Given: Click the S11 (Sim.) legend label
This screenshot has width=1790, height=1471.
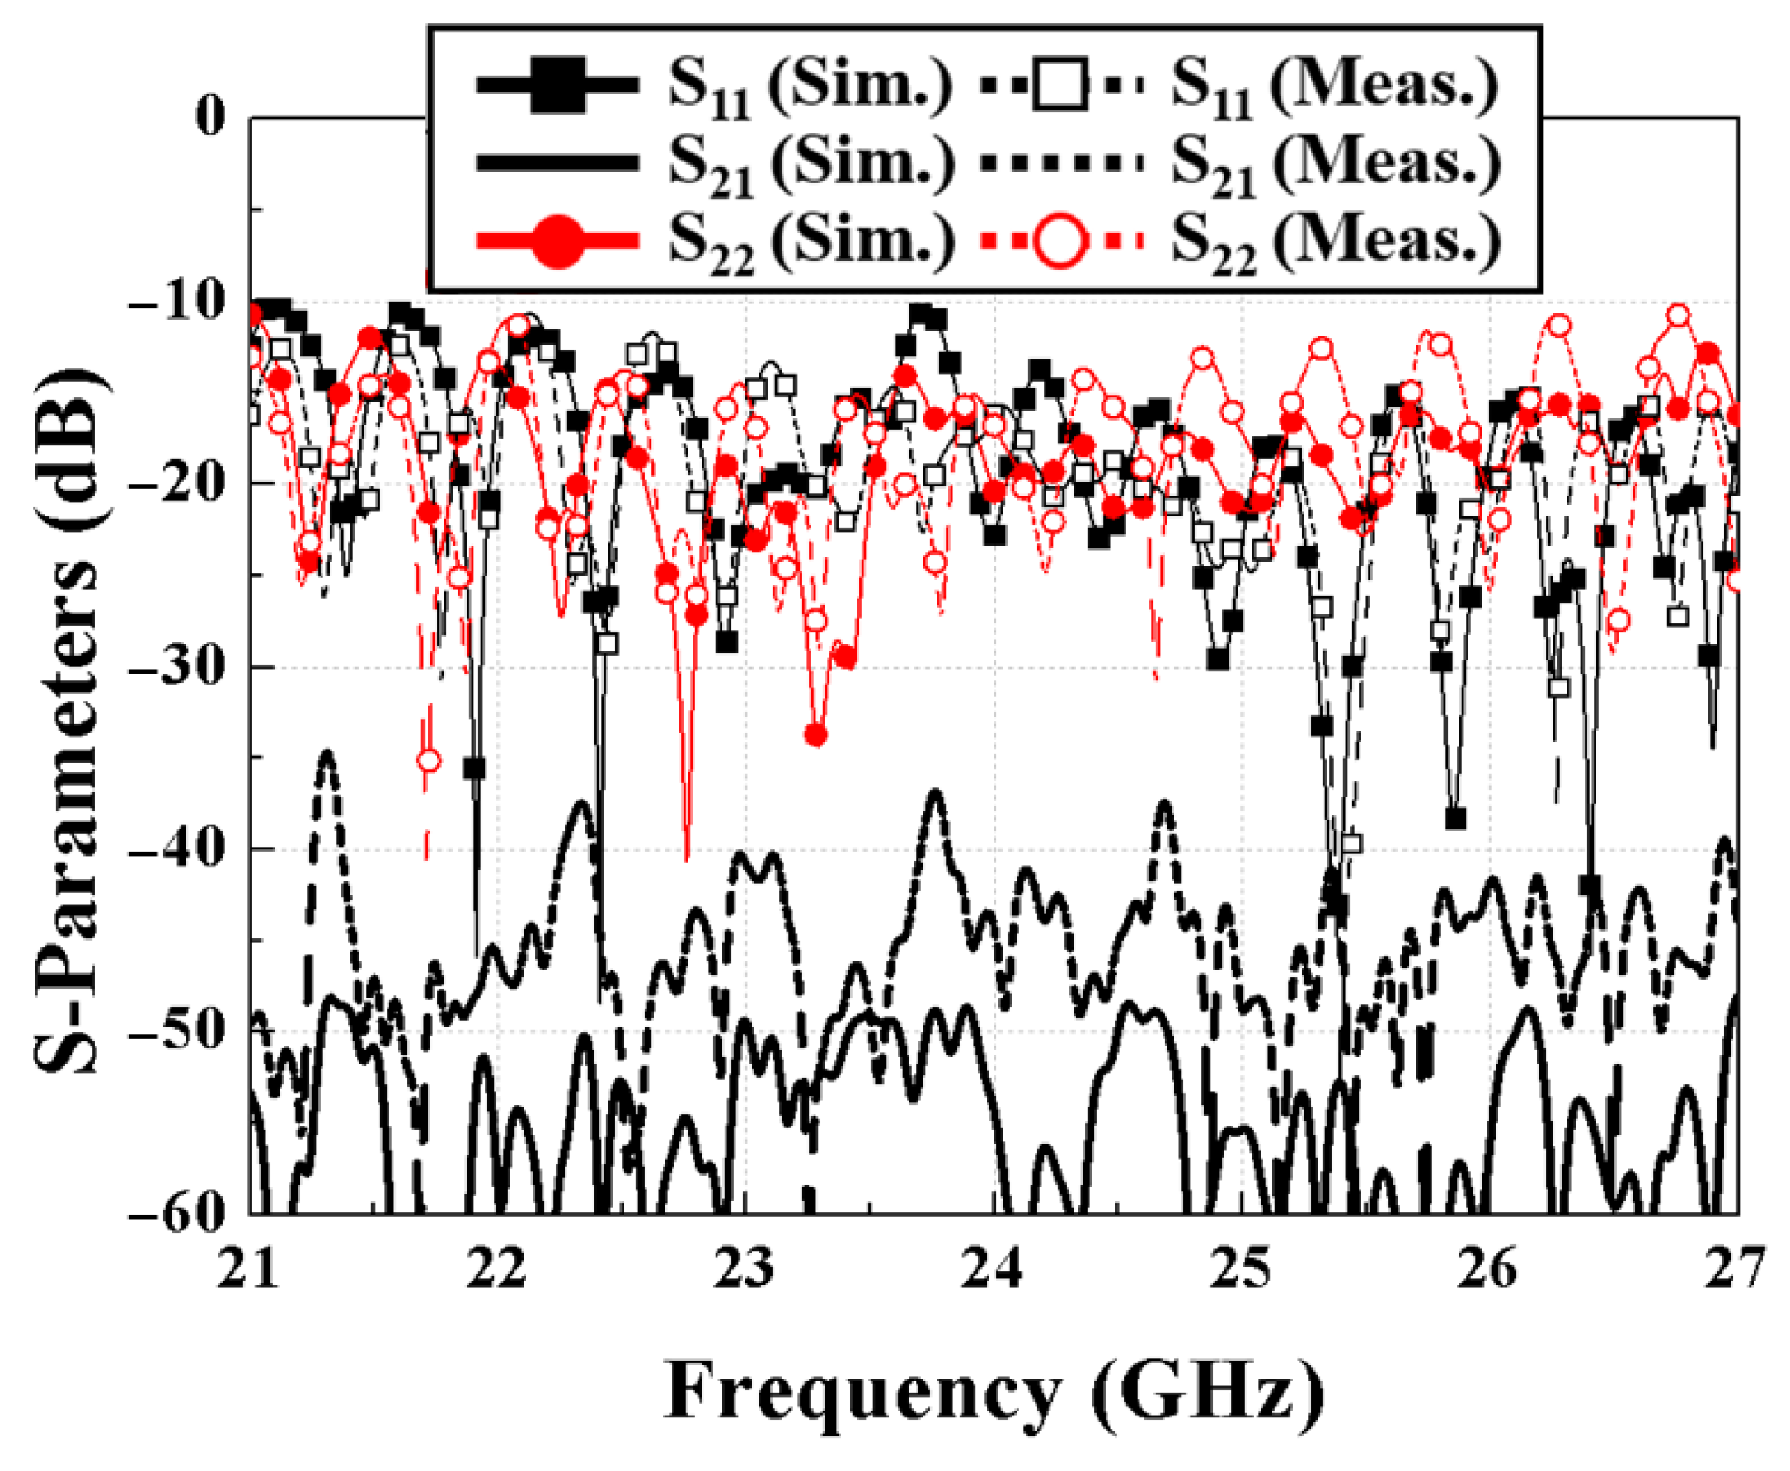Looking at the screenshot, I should coord(809,87).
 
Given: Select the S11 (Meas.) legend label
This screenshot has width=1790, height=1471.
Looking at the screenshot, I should coord(1334,87).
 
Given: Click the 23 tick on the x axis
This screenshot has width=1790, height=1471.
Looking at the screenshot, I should coord(745,1269).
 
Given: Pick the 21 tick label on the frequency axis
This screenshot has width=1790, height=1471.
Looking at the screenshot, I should coord(248,1269).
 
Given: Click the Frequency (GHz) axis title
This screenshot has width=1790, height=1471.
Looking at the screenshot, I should coord(993,1392).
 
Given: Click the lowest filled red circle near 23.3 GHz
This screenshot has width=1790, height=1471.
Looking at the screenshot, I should coord(815,735).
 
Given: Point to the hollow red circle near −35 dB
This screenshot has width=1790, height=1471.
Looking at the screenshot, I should coord(430,760).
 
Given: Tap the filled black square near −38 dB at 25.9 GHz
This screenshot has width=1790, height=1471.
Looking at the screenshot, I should coord(1455,818).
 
